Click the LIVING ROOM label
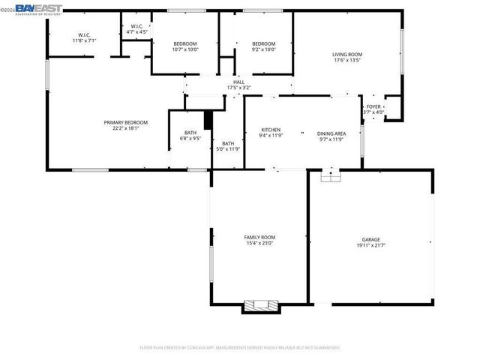tap(347, 54)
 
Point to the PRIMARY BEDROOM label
tap(125, 122)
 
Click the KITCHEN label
tap(270, 130)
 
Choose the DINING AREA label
tap(331, 130)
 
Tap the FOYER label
tap(373, 107)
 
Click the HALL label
tap(238, 82)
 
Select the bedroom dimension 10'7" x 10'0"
tap(184, 49)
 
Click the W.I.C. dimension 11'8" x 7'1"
tap(84, 40)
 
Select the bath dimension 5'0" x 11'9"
tap(227, 148)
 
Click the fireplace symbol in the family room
tap(259, 305)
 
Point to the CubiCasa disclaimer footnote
tap(240, 348)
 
